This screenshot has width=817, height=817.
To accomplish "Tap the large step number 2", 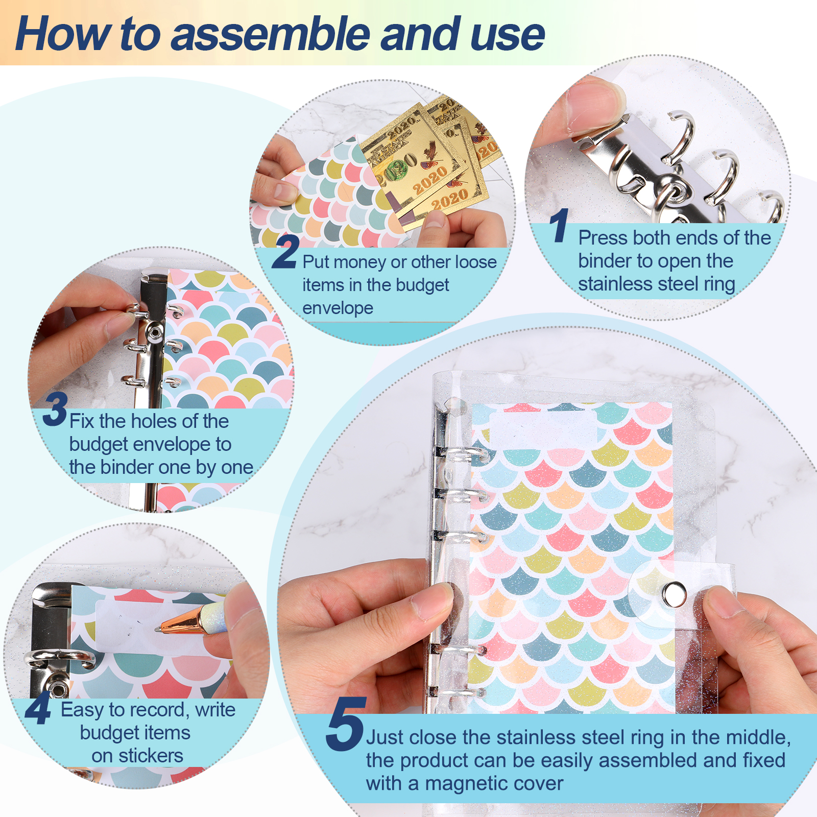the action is pos(285,251).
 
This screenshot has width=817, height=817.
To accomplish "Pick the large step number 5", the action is pos(346,724).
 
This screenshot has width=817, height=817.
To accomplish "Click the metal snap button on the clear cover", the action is pos(674,593).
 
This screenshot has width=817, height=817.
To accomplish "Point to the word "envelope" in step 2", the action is pos(338,308).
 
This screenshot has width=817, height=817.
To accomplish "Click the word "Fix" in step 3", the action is pos(82,421).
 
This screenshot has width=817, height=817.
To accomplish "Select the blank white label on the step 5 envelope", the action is pos(543,428).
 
